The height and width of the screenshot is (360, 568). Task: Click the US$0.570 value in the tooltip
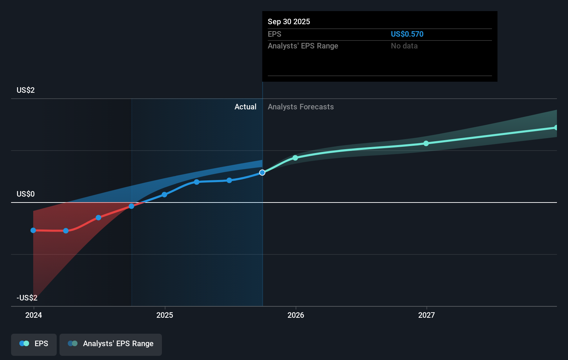[407, 34]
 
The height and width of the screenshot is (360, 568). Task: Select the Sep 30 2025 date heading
[288, 21]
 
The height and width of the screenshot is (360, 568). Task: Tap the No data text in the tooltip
[404, 46]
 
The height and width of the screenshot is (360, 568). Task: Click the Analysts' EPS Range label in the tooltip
[303, 46]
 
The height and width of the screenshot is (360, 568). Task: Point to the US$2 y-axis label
[26, 90]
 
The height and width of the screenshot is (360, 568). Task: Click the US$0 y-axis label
[26, 194]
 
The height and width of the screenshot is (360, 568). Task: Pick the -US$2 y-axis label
[27, 298]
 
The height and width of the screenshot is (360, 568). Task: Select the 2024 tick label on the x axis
[34, 315]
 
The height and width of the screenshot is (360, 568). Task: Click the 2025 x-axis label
[165, 315]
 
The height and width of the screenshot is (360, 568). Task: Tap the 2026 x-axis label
[296, 315]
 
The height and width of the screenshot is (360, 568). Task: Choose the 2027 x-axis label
[427, 315]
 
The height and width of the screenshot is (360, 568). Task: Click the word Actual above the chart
[245, 107]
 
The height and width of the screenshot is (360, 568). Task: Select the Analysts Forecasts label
[301, 107]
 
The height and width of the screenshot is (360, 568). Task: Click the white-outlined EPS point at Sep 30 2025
[262, 172]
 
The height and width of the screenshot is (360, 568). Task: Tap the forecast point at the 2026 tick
[295, 158]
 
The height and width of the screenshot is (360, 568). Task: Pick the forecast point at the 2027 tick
[426, 143]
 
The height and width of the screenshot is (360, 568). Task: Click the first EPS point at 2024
[33, 230]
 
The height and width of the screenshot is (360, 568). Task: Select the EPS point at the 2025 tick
[164, 195]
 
